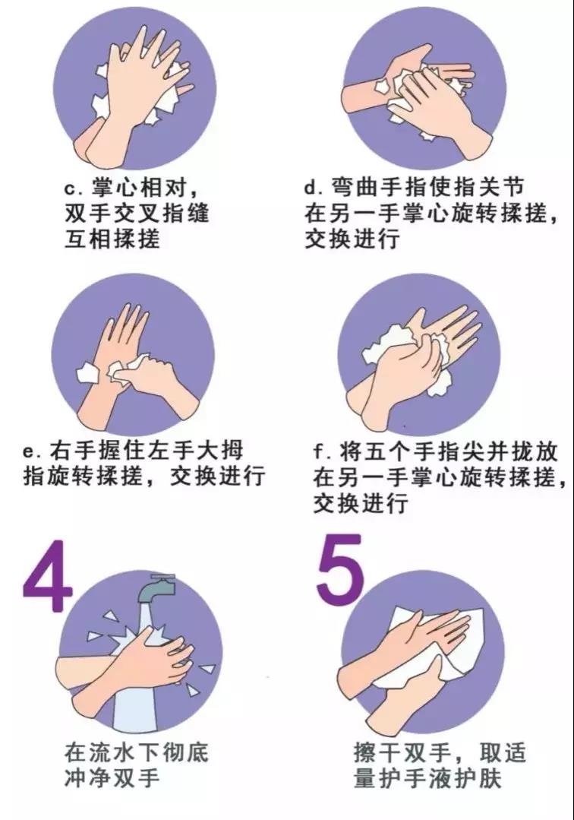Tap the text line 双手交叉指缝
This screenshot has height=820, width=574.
pos(135,214)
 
